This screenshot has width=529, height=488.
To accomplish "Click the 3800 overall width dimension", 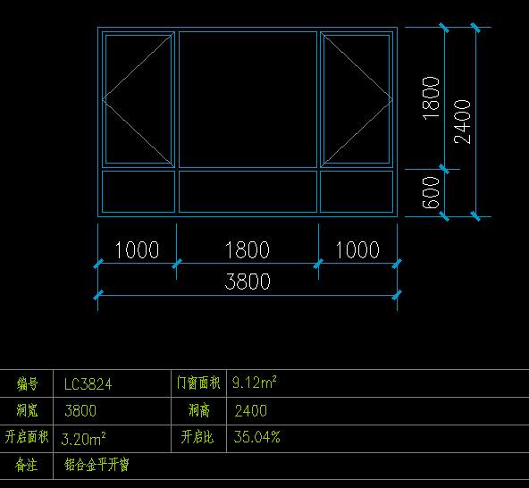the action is (248, 282).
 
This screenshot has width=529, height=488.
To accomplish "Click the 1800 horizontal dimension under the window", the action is (248, 250).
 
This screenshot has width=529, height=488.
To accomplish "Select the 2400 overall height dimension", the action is (462, 122).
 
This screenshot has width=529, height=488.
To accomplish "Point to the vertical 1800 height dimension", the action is (431, 98).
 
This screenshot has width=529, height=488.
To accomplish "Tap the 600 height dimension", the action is (431, 192).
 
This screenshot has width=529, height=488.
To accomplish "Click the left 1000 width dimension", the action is (137, 250).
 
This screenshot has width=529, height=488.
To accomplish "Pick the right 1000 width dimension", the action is (357, 250).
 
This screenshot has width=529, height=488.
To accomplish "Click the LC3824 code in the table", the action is (88, 384).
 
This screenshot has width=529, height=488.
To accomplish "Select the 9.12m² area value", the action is (255, 383).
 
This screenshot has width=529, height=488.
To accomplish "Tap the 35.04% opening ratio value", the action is (257, 437).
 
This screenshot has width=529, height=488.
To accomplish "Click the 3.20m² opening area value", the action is (83, 439).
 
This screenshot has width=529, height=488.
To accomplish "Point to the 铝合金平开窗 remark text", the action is (97, 465).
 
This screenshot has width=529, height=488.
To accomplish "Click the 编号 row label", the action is (27, 384).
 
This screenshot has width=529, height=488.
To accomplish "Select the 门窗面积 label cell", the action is (198, 383).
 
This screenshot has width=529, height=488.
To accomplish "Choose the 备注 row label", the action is (26, 465).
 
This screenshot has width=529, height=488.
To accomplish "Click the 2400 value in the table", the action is (251, 411).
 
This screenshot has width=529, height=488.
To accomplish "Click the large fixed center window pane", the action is (248, 99).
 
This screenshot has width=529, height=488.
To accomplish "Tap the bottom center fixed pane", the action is (248, 191).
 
